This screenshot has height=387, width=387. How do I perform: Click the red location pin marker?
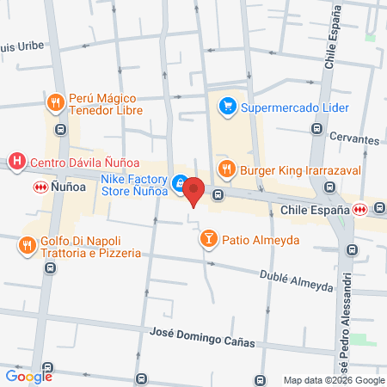[193, 190]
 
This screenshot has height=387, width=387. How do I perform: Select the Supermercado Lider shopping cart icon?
[228, 107]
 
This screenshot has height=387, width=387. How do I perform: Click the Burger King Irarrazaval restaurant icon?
[227, 169]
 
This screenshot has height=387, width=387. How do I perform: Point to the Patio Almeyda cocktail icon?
[208, 238]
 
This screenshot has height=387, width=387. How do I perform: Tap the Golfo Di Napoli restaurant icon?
[28, 245]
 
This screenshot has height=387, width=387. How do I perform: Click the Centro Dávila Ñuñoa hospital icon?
[15, 161]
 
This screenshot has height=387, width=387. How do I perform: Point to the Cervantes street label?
[353, 139]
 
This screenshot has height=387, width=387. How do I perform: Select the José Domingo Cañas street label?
[203, 337]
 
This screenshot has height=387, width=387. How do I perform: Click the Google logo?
[28, 376]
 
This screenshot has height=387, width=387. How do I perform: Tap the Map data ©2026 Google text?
[335, 380]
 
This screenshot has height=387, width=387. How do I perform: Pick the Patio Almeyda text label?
[261, 239]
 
